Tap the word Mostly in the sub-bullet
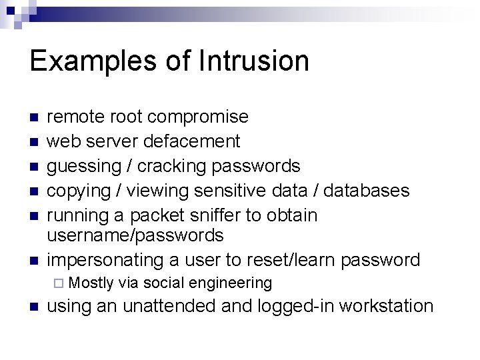91,283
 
